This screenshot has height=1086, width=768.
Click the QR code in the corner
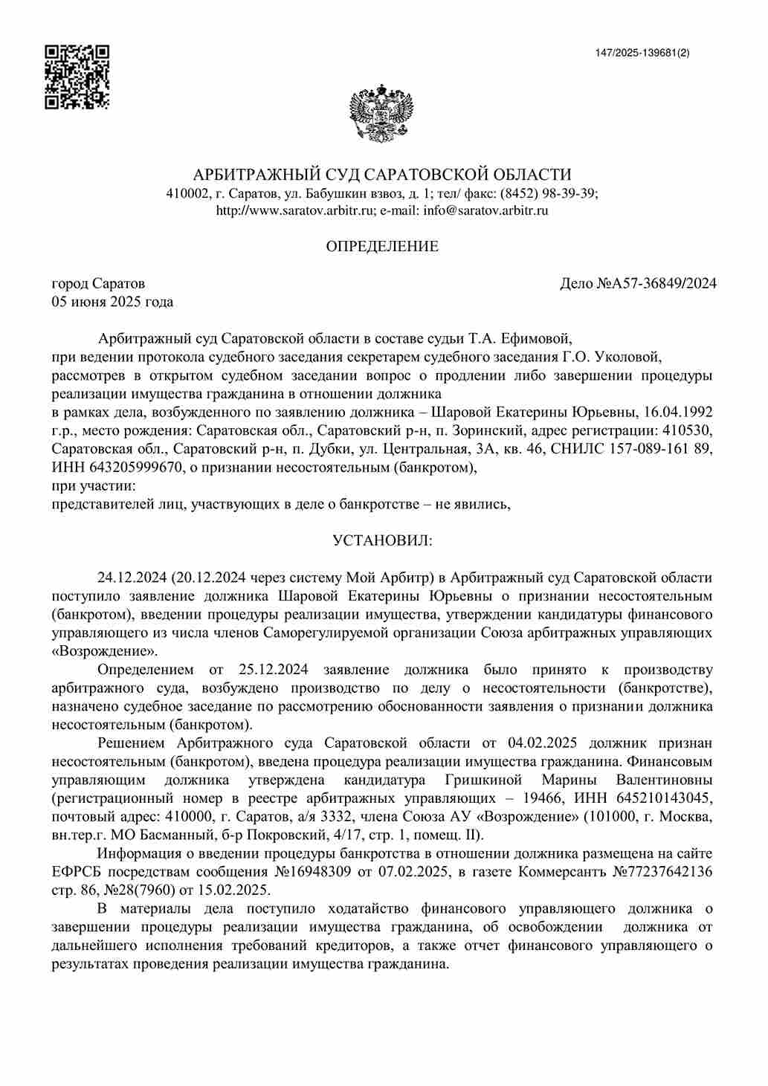77,77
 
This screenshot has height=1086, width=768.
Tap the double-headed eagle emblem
381,112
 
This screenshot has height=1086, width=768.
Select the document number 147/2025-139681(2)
642,53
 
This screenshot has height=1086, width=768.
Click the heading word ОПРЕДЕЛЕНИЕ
382,246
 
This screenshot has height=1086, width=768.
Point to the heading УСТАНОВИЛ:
382,540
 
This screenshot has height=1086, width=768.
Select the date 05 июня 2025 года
112,302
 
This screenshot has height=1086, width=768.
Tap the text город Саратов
98,283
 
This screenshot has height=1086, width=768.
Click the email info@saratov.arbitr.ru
485,210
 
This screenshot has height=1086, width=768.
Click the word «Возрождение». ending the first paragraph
104,651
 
